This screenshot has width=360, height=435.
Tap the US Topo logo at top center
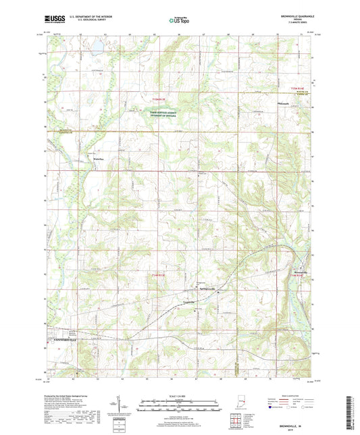tap(180, 21)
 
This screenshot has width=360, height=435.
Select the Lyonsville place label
tap(192, 301)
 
